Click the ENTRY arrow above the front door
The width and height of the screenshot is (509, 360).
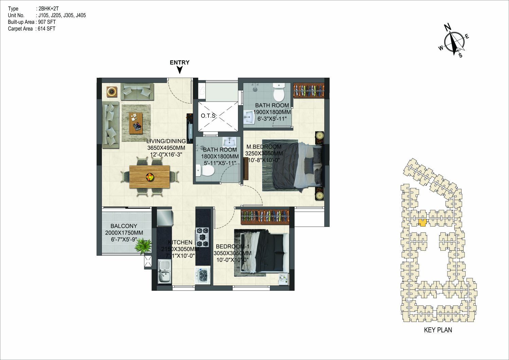point(180,70)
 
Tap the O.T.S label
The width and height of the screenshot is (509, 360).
point(208,116)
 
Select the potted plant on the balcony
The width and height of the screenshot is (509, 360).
point(143,246)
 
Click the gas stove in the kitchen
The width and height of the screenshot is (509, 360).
point(202,237)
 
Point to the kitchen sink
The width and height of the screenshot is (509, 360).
point(165,272)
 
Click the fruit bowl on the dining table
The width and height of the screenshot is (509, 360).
point(150,177)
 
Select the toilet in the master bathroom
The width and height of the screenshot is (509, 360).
point(279,92)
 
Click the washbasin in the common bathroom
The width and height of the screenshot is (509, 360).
point(229,142)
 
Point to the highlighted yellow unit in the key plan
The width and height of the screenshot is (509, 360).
point(422,222)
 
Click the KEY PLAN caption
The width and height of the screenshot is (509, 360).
point(438,330)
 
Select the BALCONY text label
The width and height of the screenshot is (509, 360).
point(124,226)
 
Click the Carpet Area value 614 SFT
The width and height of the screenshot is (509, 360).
point(47,29)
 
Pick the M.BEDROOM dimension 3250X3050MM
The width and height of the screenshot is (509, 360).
point(264,154)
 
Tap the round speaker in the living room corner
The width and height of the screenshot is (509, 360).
point(112,92)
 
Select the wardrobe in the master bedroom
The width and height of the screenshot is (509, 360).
point(309,90)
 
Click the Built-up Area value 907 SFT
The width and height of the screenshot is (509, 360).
point(47,22)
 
